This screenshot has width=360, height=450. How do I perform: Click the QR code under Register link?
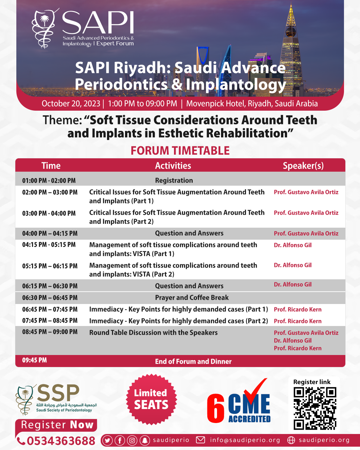click(x=315, y=408)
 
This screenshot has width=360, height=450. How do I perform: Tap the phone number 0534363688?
click(x=61, y=441)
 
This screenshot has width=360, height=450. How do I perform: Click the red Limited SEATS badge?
click(x=151, y=399)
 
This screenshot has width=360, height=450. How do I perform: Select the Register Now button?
click(x=57, y=425)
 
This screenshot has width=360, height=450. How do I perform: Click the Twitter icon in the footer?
click(x=107, y=441)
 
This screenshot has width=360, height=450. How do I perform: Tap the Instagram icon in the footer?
click(x=132, y=441)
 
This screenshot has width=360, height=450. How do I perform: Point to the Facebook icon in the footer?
click(x=120, y=441)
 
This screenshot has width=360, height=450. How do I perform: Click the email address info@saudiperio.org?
click(x=245, y=440)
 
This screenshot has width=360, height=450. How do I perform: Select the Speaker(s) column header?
click(x=303, y=166)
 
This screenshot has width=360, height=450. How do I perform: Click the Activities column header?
click(x=173, y=166)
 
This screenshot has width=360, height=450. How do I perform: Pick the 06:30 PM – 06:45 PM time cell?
click(x=50, y=298)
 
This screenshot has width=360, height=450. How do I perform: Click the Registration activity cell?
click(x=174, y=180)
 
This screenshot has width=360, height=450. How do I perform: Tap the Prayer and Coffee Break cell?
click(x=192, y=298)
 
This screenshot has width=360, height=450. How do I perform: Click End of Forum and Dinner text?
click(x=193, y=361)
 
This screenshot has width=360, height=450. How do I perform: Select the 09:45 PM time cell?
click(x=34, y=360)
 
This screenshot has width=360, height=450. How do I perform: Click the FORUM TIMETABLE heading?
click(x=180, y=151)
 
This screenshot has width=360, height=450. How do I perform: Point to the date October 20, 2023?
click(x=71, y=104)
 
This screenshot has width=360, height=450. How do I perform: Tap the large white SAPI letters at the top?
click(x=98, y=23)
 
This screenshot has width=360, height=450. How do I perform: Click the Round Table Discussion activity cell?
click(x=153, y=333)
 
